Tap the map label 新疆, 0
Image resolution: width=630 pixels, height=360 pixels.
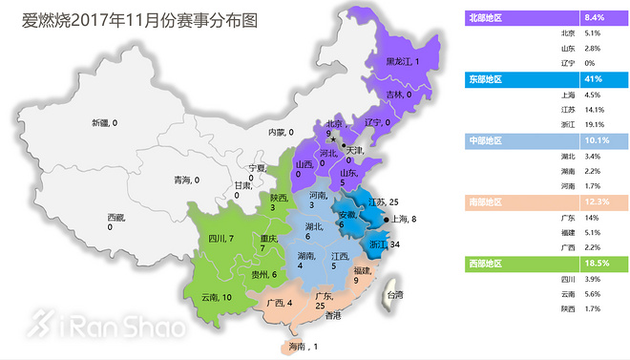[104, 123]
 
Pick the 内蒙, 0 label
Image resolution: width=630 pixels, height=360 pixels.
[281, 133]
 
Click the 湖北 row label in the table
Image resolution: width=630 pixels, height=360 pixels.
[568, 155]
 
